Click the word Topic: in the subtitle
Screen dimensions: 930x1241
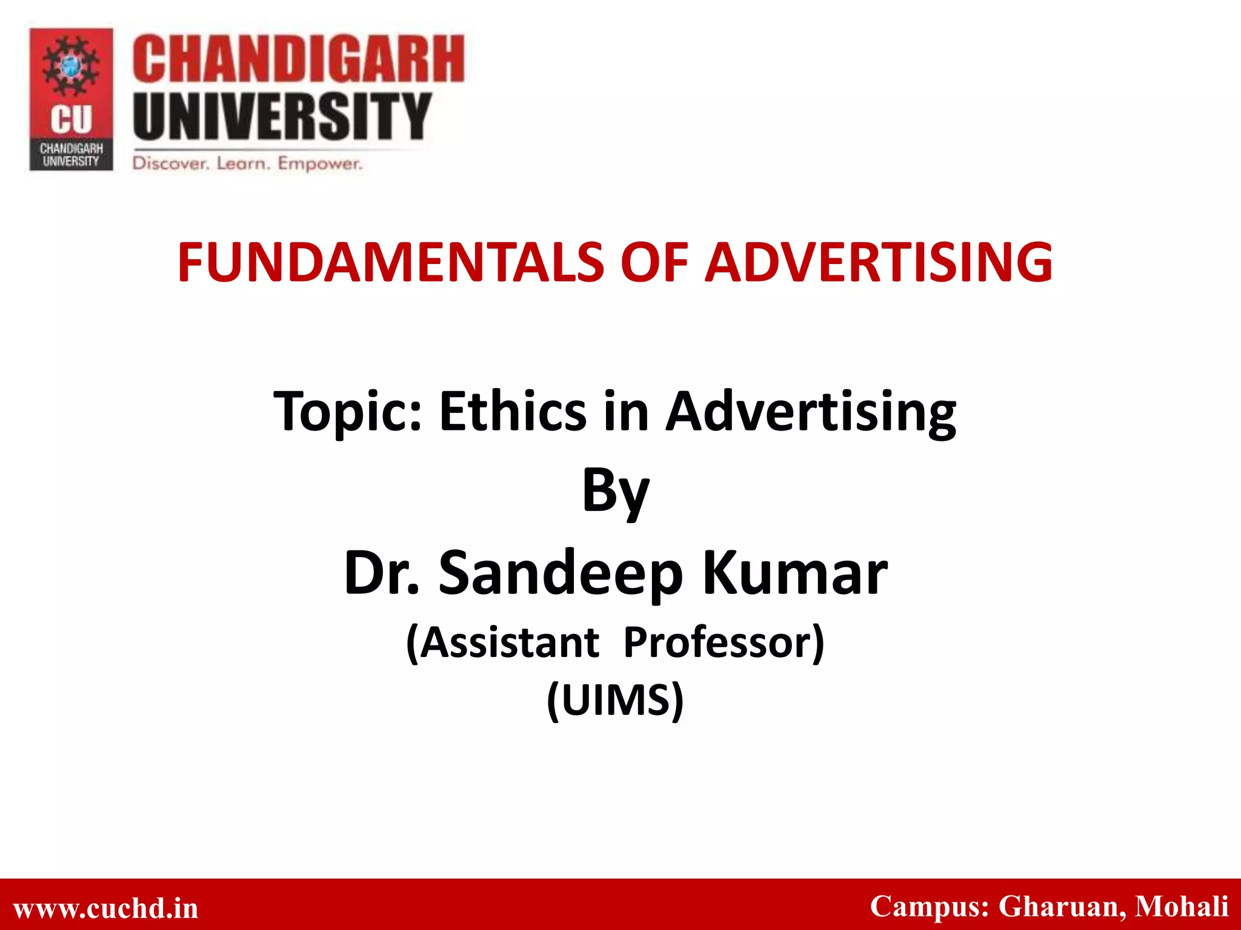click(347, 412)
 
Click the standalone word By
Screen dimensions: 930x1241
click(615, 492)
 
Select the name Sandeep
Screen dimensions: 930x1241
click(561, 574)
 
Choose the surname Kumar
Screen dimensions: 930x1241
click(794, 573)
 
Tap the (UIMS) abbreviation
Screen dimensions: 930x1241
click(615, 700)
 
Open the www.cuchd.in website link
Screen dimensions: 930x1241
click(106, 908)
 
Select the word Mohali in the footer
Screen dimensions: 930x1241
click(1181, 906)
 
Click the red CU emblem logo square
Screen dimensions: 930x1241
click(72, 99)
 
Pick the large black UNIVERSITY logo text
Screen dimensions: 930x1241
click(282, 116)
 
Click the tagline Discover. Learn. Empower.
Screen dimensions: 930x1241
click(247, 163)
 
